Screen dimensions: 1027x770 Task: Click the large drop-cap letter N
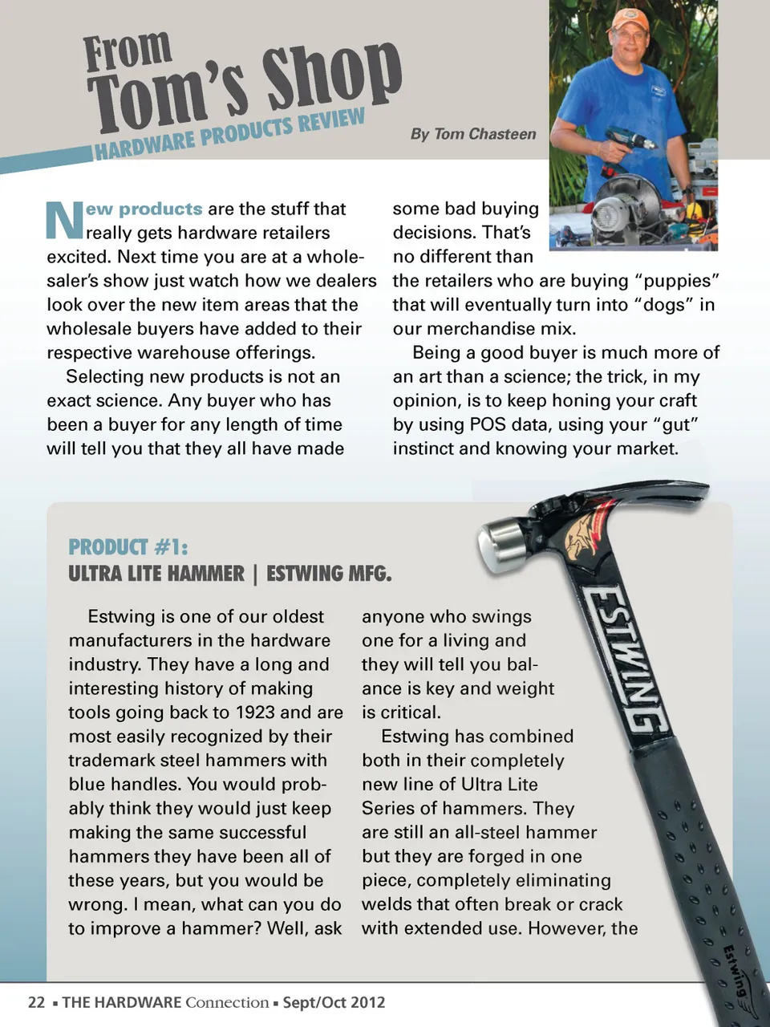[x=65, y=220]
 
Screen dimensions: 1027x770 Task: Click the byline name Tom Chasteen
[x=484, y=134]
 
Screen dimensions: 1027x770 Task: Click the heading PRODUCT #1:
[x=128, y=547]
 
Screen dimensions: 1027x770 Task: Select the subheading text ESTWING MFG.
[x=329, y=574]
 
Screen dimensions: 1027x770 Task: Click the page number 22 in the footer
[x=36, y=1002]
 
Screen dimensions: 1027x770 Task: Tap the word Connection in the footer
[x=227, y=1002]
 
